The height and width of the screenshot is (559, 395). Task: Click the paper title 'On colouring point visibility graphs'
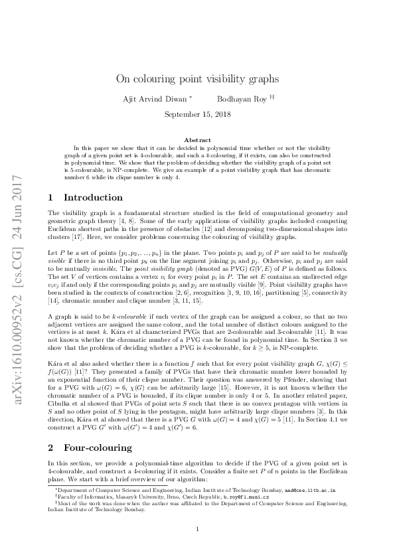[197, 78]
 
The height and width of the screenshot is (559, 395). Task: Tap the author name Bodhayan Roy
[242, 99]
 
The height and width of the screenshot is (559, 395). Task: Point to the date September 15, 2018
[197, 114]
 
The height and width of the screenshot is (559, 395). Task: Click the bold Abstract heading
[197, 140]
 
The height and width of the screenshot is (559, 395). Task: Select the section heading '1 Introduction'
[86, 197]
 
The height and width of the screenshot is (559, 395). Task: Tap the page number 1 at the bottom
[197, 529]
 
